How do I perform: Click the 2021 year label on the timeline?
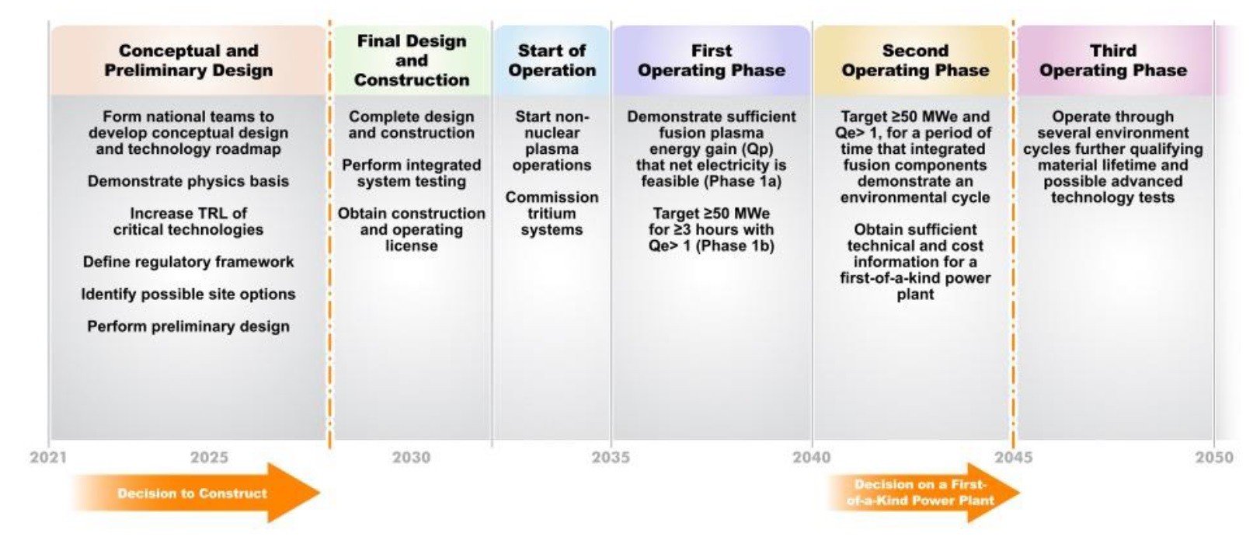[48, 458]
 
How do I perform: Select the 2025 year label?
[209, 458]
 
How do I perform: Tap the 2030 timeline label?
[411, 458]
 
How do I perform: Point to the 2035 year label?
[611, 458]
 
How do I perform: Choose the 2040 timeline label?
[812, 458]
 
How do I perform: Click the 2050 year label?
[1214, 458]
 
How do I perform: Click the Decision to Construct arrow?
[196, 493]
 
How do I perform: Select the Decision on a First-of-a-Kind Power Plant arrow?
[923, 493]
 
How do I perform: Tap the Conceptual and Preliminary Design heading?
[189, 61]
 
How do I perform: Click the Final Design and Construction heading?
[412, 61]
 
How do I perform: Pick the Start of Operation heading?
[552, 61]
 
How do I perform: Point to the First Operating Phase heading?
[712, 61]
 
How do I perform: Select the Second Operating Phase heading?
[916, 61]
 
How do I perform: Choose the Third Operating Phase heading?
[1113, 61]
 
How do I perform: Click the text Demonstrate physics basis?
[189, 181]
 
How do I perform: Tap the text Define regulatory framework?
[189, 262]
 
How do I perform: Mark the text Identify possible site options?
[189, 295]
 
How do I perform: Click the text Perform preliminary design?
[189, 326]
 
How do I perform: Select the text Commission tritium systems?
[552, 213]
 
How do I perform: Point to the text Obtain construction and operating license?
[412, 229]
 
